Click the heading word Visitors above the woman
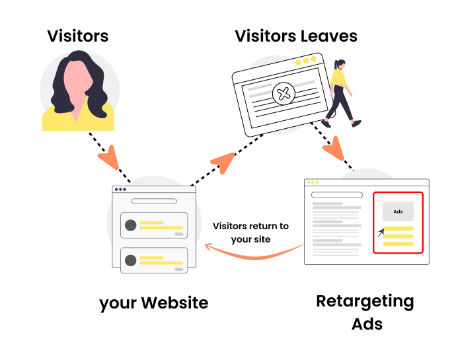[x=78, y=35]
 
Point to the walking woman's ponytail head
[x=340, y=65]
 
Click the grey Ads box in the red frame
[x=398, y=211]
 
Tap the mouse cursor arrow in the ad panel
[x=381, y=233]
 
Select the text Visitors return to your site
[x=250, y=233]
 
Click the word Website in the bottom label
[x=173, y=303]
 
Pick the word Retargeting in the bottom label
[x=365, y=302]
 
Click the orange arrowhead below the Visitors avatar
[x=108, y=161]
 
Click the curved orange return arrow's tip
[x=208, y=247]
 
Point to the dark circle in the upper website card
[x=131, y=225]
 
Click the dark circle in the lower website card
[x=131, y=260]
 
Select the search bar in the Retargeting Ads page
[x=337, y=195]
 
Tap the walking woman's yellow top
[x=338, y=79]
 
